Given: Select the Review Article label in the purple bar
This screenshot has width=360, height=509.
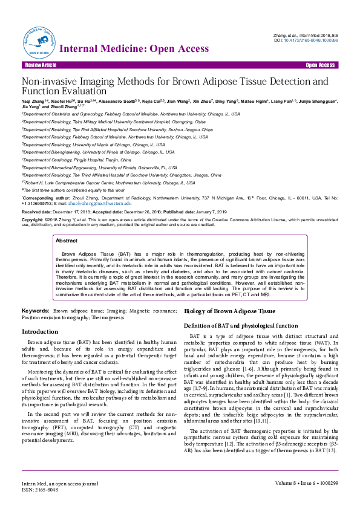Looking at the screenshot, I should [41, 65].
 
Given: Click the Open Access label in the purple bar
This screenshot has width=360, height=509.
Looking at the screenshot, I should [320, 65].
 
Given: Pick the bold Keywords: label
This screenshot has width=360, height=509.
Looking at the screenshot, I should [35, 310].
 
